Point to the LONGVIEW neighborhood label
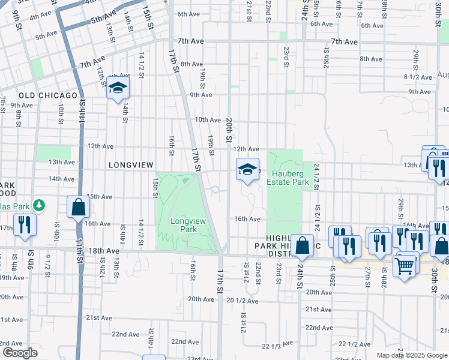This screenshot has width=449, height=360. click(x=131, y=164)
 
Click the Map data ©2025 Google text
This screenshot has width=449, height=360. click(x=412, y=355)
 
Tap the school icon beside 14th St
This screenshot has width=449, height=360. click(x=118, y=89)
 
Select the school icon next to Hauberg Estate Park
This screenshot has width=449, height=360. click(x=247, y=170)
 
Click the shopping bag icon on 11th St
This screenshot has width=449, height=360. click(x=78, y=208)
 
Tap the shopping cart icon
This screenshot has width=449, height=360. click(x=405, y=264)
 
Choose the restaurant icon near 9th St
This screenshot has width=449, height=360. click(x=25, y=224)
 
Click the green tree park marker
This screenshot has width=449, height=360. click(x=39, y=206)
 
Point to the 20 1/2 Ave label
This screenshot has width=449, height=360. click(x=242, y=300)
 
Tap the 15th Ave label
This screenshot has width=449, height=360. click(x=100, y=197)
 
